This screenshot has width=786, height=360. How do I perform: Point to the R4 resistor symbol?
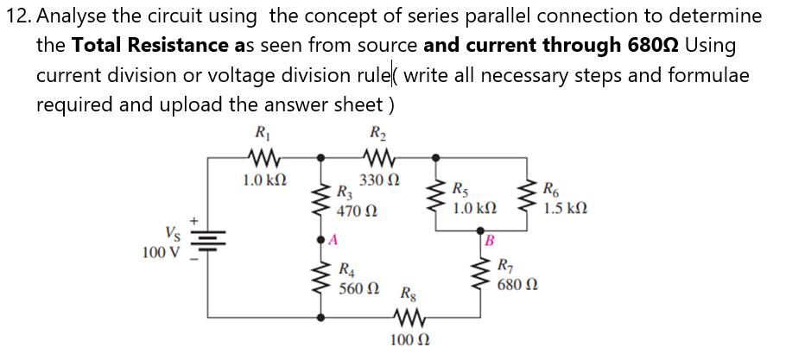click(322, 278)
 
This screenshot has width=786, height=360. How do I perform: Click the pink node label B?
click(490, 239)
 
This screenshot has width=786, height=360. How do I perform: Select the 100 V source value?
click(161, 252)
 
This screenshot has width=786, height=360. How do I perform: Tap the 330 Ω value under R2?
click(379, 180)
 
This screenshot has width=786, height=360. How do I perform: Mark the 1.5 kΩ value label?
click(565, 207)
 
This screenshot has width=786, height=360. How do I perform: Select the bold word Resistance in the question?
click(164, 45)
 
